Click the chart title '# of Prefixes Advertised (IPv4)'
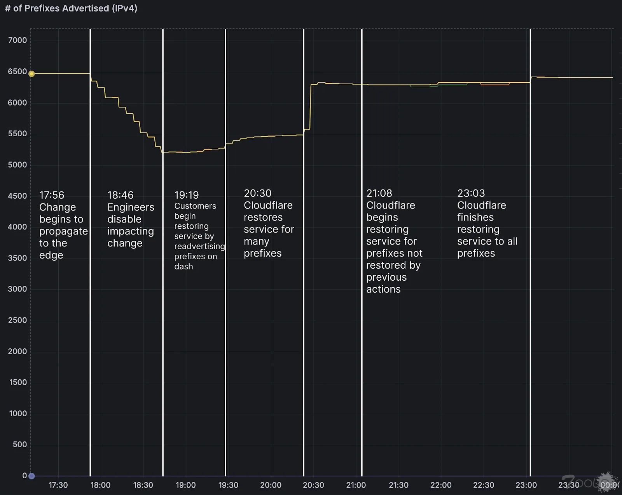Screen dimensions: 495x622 [x=71, y=8]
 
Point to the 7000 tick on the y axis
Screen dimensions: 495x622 [x=17, y=40]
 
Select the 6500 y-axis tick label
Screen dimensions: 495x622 [x=17, y=71]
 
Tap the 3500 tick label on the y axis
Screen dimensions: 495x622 [x=17, y=258]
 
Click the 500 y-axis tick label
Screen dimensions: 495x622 [x=20, y=444]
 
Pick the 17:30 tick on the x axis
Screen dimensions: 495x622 [x=58, y=485]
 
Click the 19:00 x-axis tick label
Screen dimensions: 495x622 [x=185, y=485]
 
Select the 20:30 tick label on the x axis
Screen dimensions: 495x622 [x=313, y=485]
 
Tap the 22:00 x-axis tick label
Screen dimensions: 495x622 [x=441, y=485]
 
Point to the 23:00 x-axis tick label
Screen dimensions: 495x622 [x=526, y=485]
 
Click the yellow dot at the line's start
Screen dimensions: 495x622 [x=32, y=74]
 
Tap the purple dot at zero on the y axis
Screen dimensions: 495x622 [x=32, y=476]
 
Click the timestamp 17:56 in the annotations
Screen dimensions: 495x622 [x=52, y=195]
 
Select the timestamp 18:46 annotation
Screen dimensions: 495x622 [x=120, y=195]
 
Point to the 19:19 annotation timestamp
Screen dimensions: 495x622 [x=186, y=195]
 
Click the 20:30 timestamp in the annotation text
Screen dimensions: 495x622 [x=257, y=193]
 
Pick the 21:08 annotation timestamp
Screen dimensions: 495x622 [x=379, y=193]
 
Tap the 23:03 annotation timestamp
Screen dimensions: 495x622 [x=471, y=193]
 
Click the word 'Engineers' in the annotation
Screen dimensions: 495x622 [x=131, y=207]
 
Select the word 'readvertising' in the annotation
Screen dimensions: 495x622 [x=199, y=246]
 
